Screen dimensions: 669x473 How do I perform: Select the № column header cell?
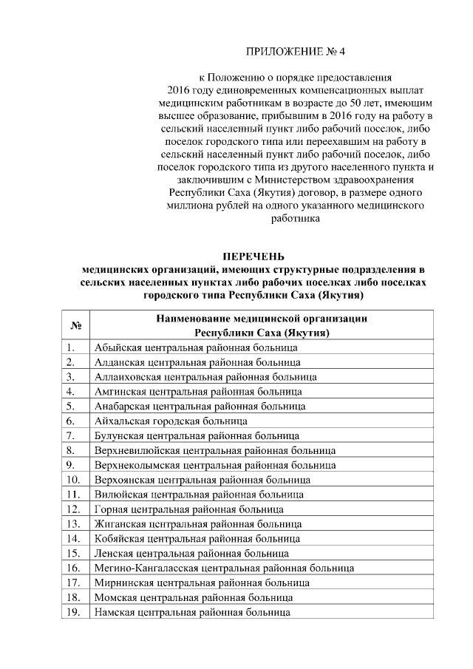[75, 325]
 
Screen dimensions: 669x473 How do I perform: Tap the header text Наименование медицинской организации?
[262, 319]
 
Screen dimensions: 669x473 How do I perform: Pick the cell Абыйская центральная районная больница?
[196, 347]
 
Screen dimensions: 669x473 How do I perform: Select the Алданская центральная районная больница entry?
[197, 362]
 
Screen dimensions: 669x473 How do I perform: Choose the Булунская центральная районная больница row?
[197, 435]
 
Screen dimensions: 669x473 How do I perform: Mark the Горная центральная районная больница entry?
[188, 509]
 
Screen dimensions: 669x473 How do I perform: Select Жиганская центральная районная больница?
[196, 524]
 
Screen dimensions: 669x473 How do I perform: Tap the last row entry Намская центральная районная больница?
[191, 612]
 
